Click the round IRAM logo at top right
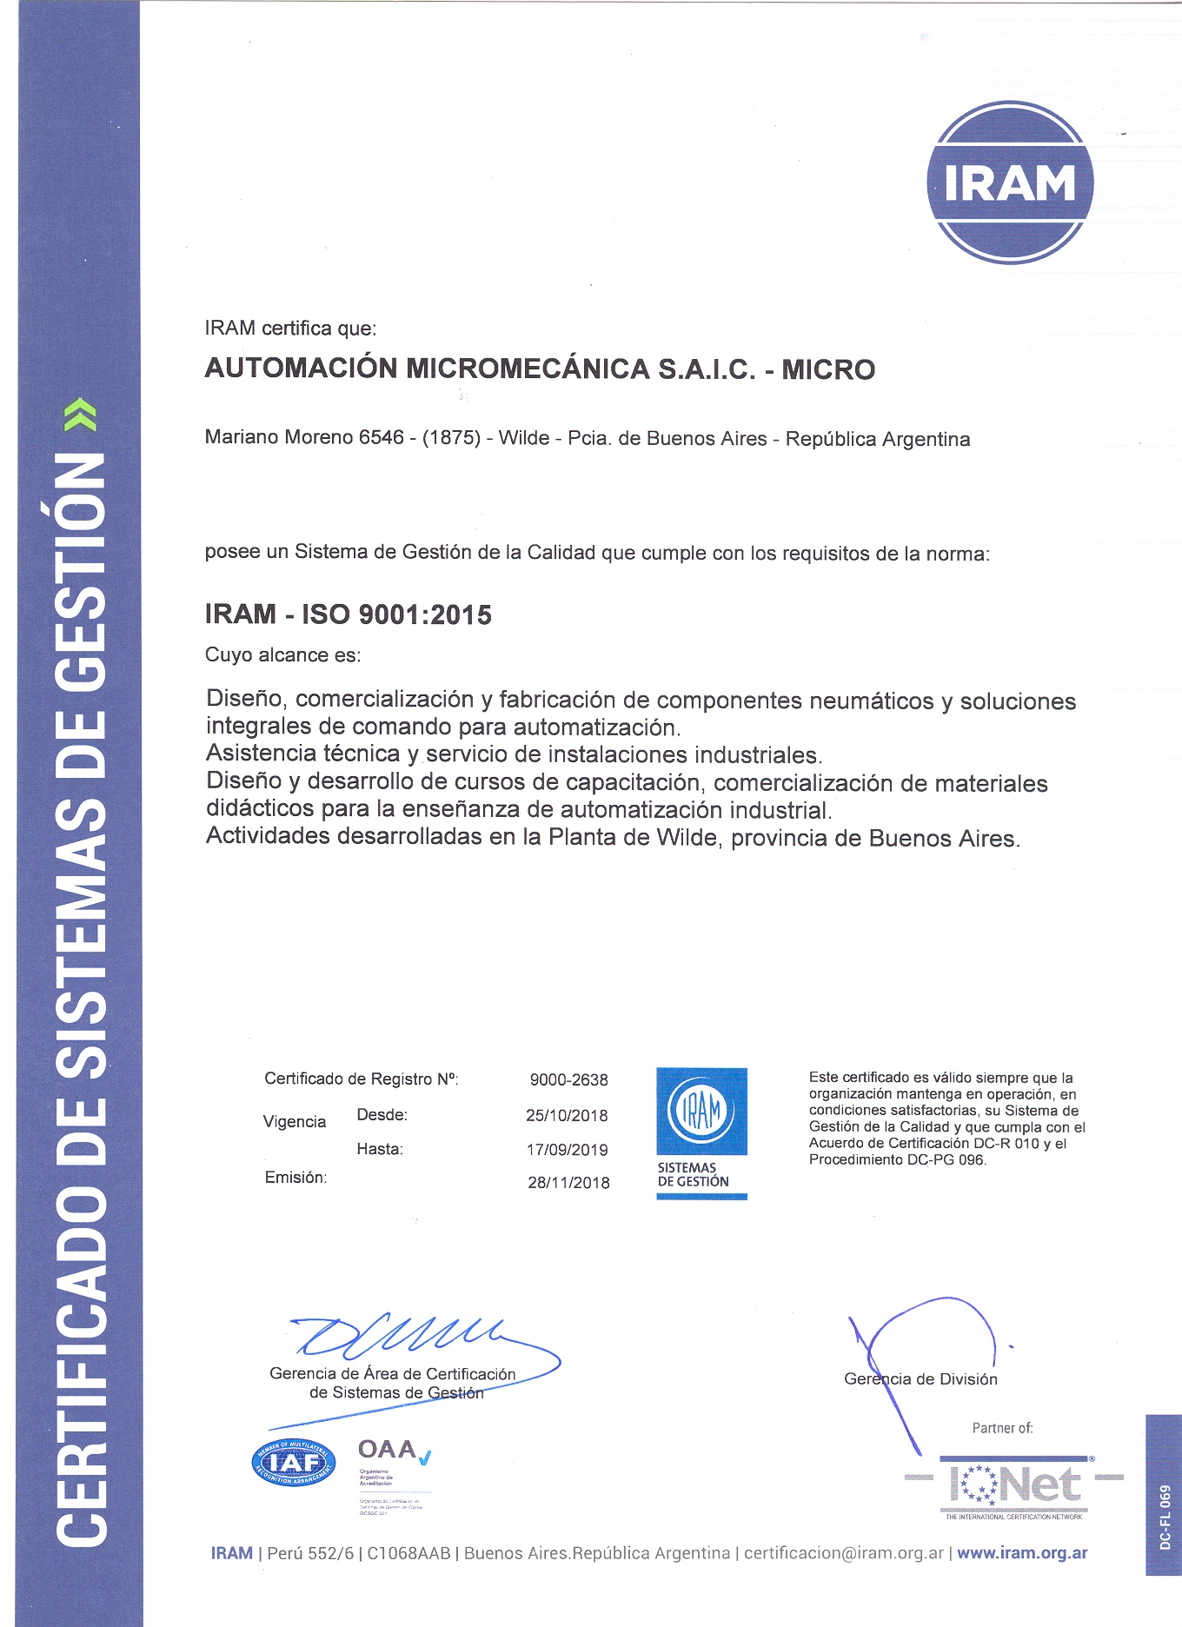click(1010, 183)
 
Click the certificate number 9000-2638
click(568, 1079)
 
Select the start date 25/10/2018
click(567, 1115)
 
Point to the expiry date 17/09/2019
click(567, 1150)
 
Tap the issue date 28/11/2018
click(568, 1182)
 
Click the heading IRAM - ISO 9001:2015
click(348, 614)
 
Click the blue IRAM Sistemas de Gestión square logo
click(701, 1132)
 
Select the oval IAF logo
click(294, 1463)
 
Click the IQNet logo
click(1013, 1484)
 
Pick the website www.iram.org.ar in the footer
click(1021, 1553)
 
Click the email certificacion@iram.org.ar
click(843, 1553)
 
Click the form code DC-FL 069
click(1165, 1517)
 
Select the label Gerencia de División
click(920, 1379)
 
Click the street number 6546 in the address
click(381, 437)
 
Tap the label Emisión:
click(295, 1178)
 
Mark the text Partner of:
click(1002, 1428)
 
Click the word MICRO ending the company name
click(828, 369)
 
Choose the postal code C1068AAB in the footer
click(408, 1553)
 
